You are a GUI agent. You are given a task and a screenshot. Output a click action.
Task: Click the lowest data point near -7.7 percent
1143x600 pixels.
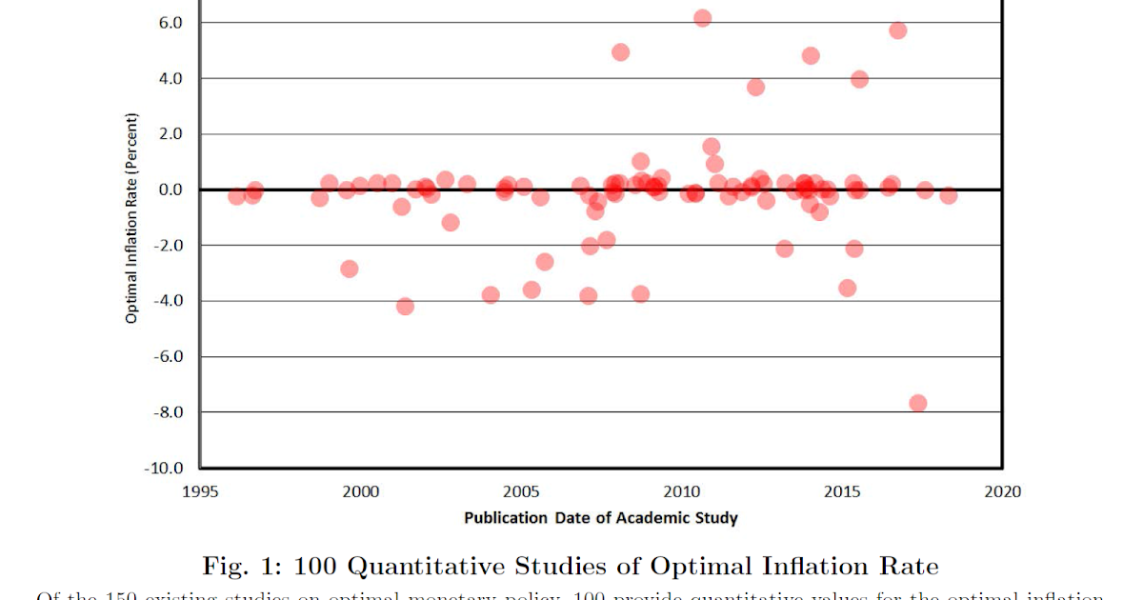tap(918, 403)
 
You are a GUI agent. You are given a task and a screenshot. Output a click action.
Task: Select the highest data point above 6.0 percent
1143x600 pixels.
tap(703, 18)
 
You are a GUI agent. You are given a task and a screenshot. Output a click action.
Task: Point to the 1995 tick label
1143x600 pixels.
tap(200, 491)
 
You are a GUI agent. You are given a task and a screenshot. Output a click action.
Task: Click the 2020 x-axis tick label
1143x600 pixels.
tap(1003, 491)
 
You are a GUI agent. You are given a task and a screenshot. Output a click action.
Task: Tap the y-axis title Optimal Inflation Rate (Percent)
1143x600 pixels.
tap(131, 219)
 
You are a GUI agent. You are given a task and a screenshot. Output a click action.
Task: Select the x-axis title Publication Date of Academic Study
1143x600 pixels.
tap(601, 518)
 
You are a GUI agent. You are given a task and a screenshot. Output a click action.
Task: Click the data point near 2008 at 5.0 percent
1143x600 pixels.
tap(620, 52)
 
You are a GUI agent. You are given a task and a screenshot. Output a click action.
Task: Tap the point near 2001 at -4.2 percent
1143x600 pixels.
tap(405, 307)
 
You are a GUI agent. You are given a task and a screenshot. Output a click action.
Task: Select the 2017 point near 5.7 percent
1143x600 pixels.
tap(898, 30)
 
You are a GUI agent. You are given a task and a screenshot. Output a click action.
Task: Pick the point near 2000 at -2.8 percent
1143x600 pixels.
tap(350, 269)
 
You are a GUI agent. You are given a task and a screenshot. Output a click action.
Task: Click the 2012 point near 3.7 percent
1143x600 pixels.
tap(755, 87)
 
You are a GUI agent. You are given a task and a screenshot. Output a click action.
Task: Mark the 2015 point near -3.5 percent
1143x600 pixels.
tap(848, 288)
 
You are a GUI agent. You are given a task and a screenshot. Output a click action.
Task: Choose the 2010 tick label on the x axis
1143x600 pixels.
tap(681, 491)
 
